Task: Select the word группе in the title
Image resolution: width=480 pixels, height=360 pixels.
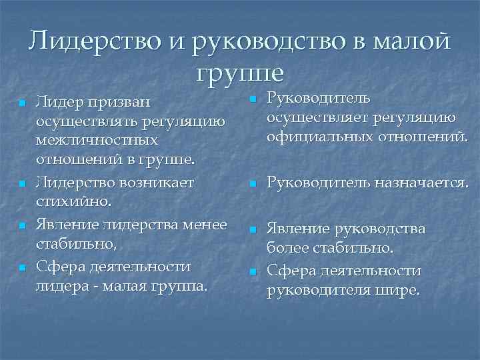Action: pyautogui.click(x=241, y=71)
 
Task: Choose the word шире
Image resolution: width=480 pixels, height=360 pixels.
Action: pyautogui.click(x=398, y=290)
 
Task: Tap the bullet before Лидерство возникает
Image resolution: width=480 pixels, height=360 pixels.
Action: pyautogui.click(x=22, y=183)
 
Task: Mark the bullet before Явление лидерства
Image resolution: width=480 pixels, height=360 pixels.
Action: pyautogui.click(x=22, y=225)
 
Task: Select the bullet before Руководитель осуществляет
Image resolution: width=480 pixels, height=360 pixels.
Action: pyautogui.click(x=253, y=100)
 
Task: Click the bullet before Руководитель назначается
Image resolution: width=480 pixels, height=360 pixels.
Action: pyautogui.click(x=253, y=183)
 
